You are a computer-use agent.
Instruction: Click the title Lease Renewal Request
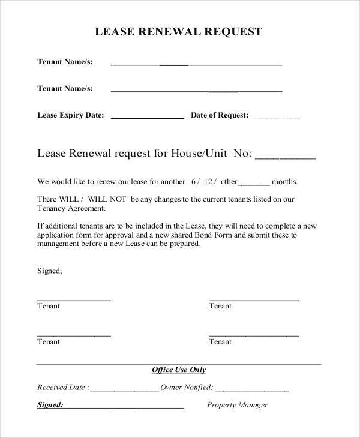point(179,32)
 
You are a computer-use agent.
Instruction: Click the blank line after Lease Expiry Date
point(147,118)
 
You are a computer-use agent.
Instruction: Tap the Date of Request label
point(219,115)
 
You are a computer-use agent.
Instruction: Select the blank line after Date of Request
point(275,118)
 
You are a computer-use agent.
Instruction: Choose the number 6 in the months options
point(194,181)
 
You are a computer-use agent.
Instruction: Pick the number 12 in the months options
point(209,181)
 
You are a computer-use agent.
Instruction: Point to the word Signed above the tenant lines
point(49,271)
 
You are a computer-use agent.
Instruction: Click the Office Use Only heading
point(179,370)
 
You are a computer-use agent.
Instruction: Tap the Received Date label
point(61,388)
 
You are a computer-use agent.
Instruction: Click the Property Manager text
point(238,405)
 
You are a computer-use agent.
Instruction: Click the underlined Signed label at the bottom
point(50,405)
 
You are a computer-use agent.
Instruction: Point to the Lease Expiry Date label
point(71,115)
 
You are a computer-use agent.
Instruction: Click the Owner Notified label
point(187,388)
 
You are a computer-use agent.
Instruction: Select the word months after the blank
point(285,181)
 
